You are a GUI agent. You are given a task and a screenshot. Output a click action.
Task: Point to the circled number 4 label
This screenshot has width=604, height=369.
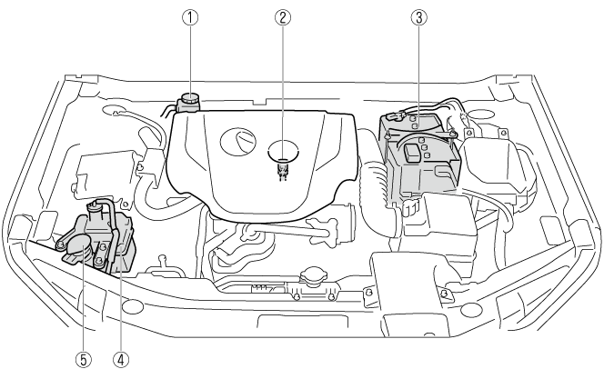click(120, 359)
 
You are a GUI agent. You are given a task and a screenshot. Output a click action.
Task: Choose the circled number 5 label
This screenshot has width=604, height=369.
click(84, 359)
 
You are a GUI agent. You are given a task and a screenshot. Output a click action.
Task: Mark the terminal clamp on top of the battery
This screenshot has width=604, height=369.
click(398, 115)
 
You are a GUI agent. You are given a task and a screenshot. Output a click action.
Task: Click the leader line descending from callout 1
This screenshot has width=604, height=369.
click(189, 59)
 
